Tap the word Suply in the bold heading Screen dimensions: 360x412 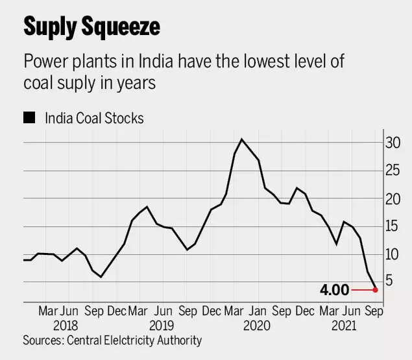49,28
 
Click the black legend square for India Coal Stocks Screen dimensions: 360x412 29,118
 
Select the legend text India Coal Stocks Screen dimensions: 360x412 94,118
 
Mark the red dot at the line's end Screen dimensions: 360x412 376,289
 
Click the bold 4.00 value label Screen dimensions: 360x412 335,289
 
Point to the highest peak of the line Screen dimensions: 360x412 241,139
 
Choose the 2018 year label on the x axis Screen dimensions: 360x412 66,326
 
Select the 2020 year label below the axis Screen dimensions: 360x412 258,326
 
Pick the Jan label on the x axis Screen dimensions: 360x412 259,311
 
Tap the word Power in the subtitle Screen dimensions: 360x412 44,63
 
